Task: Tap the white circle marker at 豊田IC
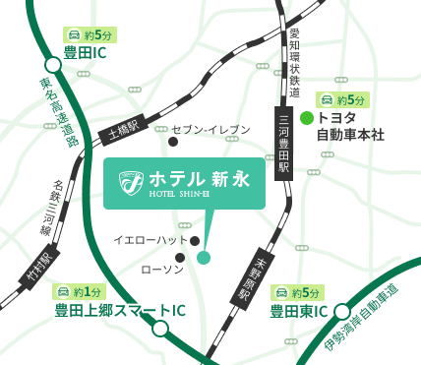(x=52, y=65)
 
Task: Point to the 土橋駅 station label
(x=125, y=127)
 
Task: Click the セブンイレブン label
(x=211, y=130)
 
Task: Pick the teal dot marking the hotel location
(x=204, y=258)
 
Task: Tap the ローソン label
(x=162, y=270)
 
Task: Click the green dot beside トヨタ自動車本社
(x=307, y=118)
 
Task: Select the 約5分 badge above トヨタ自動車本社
(x=342, y=99)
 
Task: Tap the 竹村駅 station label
(x=39, y=267)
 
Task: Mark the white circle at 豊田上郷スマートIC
(x=160, y=329)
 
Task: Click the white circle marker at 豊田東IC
(x=342, y=312)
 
